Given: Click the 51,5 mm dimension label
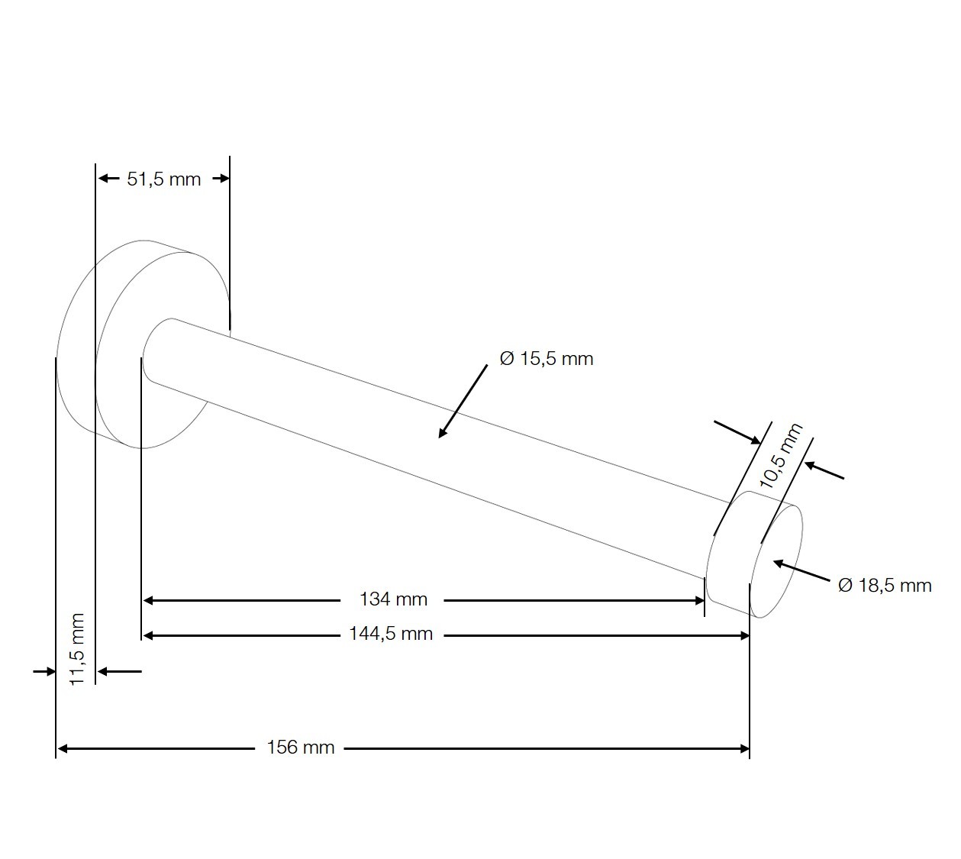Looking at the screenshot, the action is (163, 179).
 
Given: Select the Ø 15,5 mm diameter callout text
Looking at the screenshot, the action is (547, 359).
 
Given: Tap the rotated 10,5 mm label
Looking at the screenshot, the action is (781, 455).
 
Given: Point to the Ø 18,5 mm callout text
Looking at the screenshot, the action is (885, 586).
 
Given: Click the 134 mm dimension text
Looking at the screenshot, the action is (393, 599).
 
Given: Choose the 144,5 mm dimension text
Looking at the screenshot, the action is (391, 634).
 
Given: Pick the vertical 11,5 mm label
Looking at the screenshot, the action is (77, 649).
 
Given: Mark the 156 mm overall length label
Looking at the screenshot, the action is (301, 748).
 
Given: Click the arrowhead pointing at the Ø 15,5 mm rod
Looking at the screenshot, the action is (443, 432).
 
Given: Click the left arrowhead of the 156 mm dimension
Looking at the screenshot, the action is (62, 749).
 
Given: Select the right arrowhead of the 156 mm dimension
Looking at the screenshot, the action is (745, 749).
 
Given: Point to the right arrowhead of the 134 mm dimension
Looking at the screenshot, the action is (700, 601).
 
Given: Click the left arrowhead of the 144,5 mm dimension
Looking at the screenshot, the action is (148, 636).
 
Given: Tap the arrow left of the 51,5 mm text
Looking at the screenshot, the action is (109, 179).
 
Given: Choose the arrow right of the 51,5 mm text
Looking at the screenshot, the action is (221, 179).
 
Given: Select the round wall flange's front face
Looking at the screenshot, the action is (161, 350).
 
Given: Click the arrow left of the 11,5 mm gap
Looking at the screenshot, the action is (44, 671).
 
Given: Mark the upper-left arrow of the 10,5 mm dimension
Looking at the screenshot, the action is (737, 432).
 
